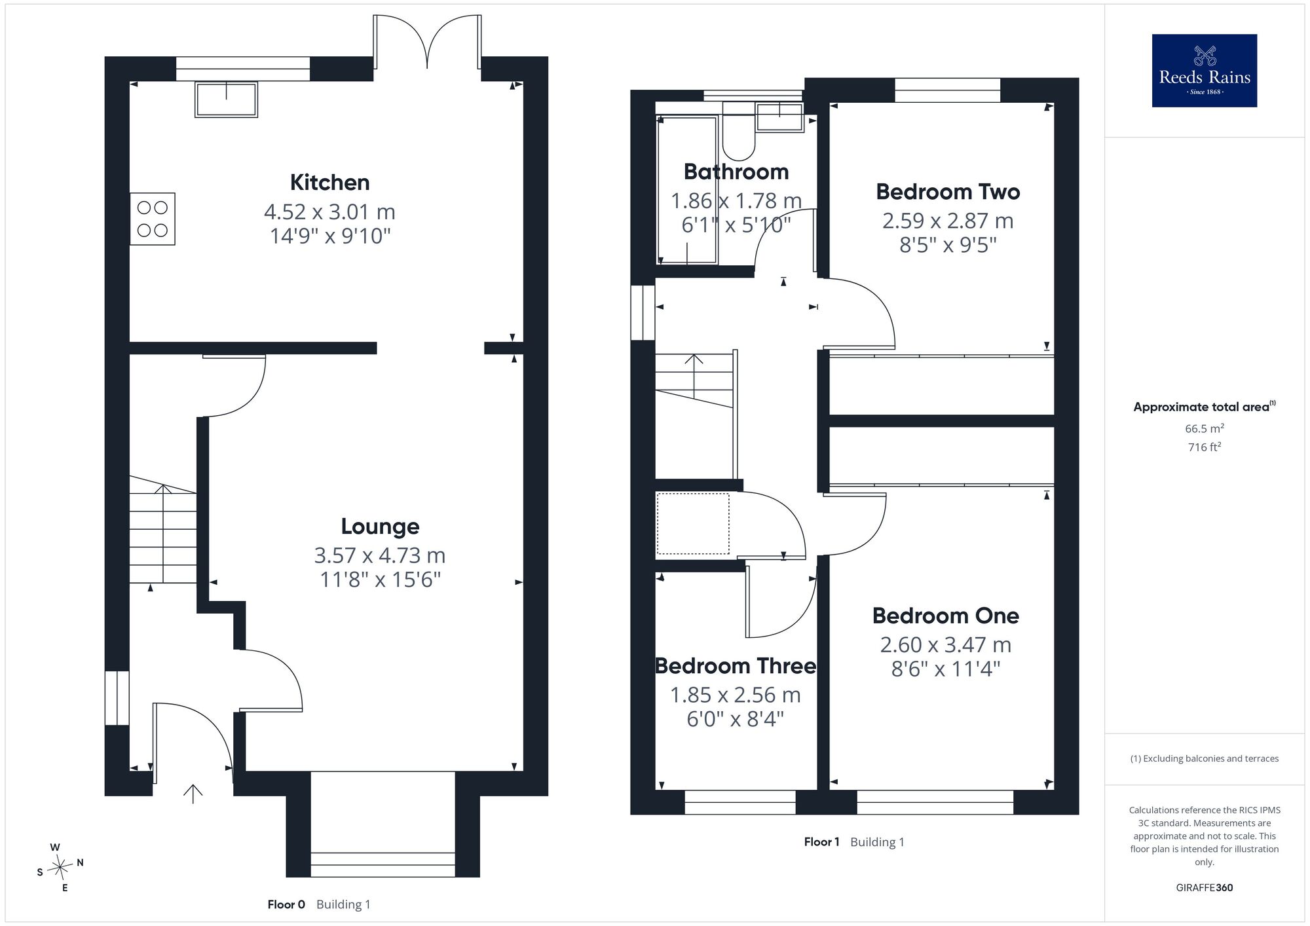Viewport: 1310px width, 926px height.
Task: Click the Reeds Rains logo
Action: click(x=1204, y=71)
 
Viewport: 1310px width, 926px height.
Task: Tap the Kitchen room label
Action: click(x=330, y=182)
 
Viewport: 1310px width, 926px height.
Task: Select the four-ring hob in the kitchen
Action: click(x=153, y=219)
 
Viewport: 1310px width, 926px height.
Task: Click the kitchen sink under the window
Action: click(x=226, y=100)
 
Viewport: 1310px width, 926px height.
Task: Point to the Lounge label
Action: click(x=380, y=527)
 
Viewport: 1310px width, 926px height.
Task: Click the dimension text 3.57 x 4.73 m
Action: click(x=380, y=555)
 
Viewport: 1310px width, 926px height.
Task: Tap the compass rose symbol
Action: click(x=60, y=868)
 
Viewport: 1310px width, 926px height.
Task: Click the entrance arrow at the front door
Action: click(x=193, y=794)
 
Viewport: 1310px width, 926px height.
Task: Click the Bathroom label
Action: click(x=736, y=172)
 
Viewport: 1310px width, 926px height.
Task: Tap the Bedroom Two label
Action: click(x=948, y=192)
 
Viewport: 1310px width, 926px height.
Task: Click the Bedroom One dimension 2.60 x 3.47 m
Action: click(x=946, y=645)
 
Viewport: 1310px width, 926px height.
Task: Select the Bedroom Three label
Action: click(x=736, y=666)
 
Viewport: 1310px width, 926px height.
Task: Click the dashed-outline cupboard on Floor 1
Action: click(x=693, y=523)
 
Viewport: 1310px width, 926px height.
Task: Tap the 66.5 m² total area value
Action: click(x=1205, y=428)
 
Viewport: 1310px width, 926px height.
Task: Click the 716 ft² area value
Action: click(x=1205, y=447)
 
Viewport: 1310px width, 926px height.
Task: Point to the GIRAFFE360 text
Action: click(x=1205, y=888)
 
